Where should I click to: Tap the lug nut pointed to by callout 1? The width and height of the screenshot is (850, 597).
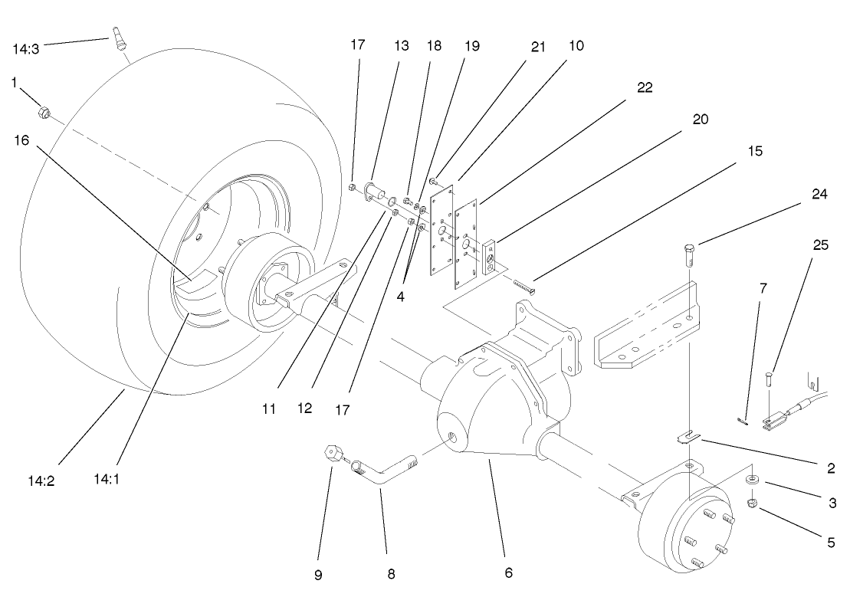pyautogui.click(x=44, y=114)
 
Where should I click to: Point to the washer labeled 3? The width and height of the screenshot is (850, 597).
pyautogui.click(x=753, y=480)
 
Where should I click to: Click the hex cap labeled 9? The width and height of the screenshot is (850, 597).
pyautogui.click(x=333, y=453)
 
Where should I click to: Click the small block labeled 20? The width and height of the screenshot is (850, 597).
pyautogui.click(x=490, y=255)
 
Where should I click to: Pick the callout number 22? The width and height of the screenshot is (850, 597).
pyautogui.click(x=645, y=87)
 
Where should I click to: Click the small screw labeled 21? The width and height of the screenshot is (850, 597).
pyautogui.click(x=434, y=182)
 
